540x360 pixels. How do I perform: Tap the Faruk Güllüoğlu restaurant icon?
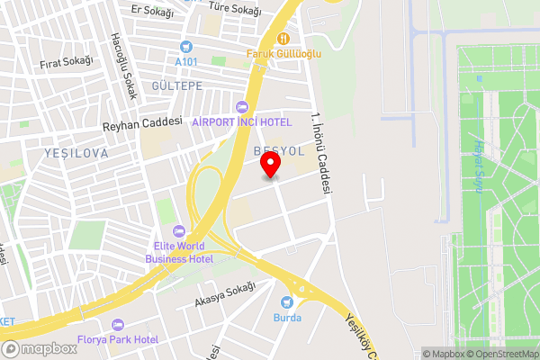[282, 38]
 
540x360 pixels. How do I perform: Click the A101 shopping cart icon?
[186, 47]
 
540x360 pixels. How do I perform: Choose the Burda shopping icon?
[288, 301]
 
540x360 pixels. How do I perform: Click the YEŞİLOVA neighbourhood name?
[76, 154]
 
